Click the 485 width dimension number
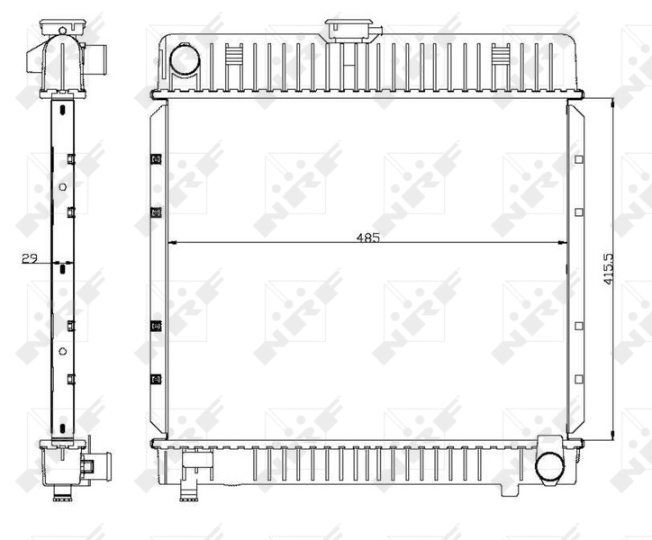click(367, 238)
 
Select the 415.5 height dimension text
click(609, 268)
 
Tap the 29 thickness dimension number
click(29, 259)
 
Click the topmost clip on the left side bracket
click(155, 159)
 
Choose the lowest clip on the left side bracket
click(155, 379)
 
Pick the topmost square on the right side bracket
click(578, 159)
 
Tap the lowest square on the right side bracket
click(578, 379)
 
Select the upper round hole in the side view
click(61, 187)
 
